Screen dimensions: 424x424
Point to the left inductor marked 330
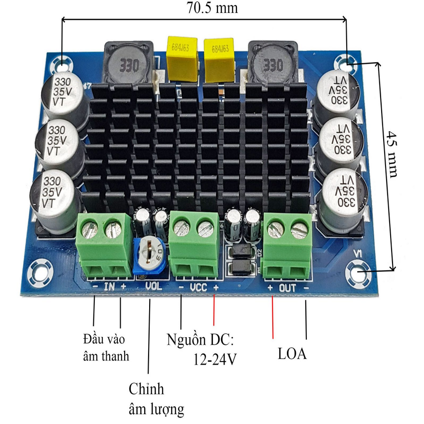[128, 63]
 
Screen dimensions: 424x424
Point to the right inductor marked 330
[272, 64]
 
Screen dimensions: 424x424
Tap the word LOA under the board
[292, 355]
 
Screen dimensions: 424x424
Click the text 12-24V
[214, 359]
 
